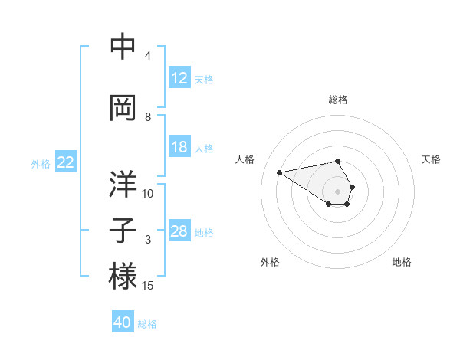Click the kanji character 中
click(123, 47)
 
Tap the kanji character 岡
click(123, 108)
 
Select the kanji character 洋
click(123, 185)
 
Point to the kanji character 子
click(123, 231)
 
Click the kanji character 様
click(123, 277)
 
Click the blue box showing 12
click(179, 78)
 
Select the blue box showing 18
click(179, 147)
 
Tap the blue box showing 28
click(179, 231)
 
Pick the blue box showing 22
click(66, 162)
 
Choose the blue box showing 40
click(123, 322)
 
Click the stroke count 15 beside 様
click(149, 286)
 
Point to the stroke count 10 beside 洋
click(148, 194)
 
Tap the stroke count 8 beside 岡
click(148, 117)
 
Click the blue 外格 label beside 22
click(41, 163)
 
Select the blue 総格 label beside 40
click(147, 324)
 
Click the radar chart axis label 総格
click(338, 100)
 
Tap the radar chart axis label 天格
click(432, 159)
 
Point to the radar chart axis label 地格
click(402, 262)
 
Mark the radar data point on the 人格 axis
click(279, 172)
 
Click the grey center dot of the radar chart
click(337, 191)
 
